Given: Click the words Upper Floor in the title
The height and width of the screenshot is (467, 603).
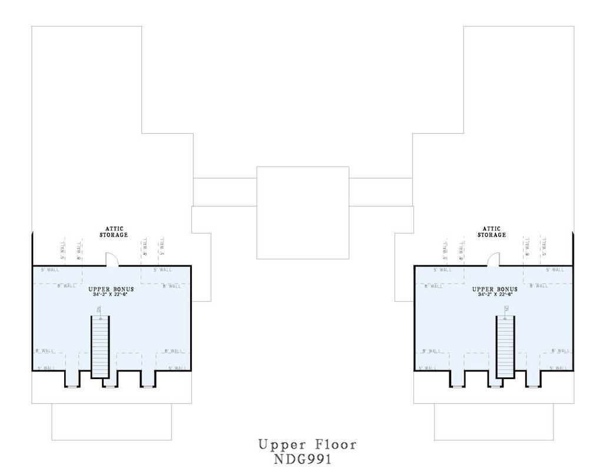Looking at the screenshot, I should (307, 444).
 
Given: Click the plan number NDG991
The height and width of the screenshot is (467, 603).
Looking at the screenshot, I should (307, 458).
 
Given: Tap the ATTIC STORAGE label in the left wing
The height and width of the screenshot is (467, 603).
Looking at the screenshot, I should (116, 231).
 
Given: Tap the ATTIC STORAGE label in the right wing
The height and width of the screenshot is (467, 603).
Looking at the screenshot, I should (491, 231).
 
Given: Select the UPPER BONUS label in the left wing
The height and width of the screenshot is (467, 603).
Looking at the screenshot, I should (111, 289).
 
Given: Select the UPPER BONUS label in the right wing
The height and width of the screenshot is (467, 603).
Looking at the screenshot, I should (495, 289).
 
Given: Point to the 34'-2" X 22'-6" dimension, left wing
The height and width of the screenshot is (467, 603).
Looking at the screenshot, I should (111, 294).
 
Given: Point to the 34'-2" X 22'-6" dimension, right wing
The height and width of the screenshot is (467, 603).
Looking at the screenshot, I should (495, 294).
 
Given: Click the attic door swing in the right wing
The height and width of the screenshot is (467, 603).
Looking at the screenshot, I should (493, 259).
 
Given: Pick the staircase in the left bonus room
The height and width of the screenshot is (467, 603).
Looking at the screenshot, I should (100, 347).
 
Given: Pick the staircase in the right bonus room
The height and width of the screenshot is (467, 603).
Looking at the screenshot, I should (505, 347).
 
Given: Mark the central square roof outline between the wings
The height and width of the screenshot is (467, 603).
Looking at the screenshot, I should (303, 212).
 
